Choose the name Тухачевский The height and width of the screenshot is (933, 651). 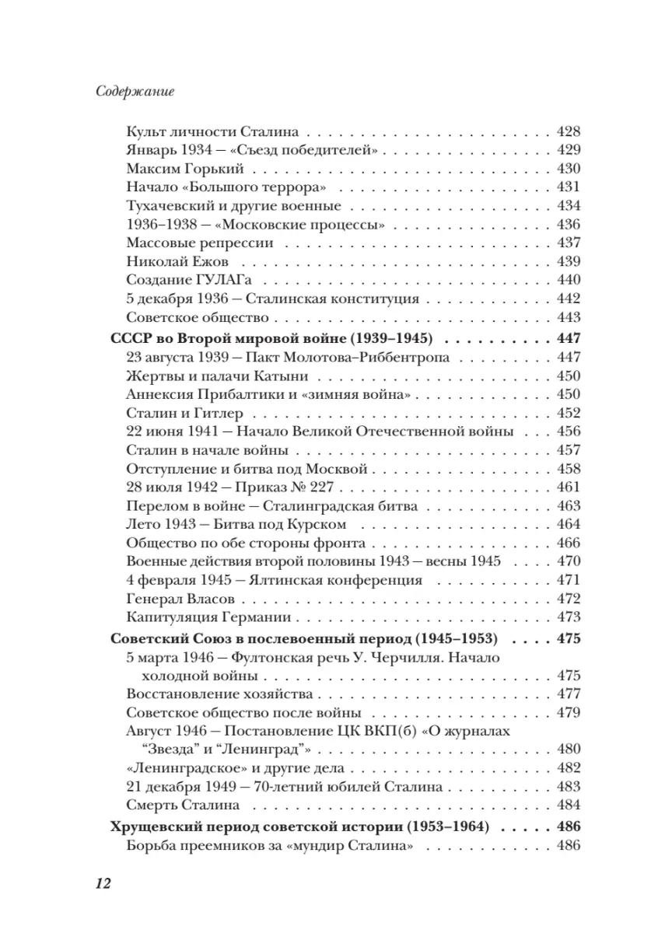click(x=173, y=206)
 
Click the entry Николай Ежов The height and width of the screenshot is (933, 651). click(x=177, y=261)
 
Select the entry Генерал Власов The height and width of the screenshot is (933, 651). click(x=180, y=599)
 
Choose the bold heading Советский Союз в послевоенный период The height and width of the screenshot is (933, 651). click(x=304, y=638)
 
